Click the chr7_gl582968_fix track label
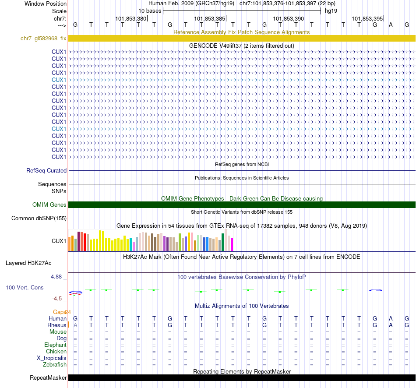[43, 39]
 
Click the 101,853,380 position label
[130, 19]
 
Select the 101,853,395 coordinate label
[367, 19]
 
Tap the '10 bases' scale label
[150, 11]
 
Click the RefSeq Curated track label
[46, 171]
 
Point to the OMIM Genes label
[49, 205]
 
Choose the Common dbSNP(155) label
[39, 218]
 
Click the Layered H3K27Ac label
[28, 263]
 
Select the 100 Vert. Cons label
[25, 288]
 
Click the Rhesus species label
[56, 325]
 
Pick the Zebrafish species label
[55, 364]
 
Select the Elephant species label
[55, 345]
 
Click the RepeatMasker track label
[48, 377]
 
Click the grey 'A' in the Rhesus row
[75, 325]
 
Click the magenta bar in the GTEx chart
[232, 244]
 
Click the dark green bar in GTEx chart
[222, 242]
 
